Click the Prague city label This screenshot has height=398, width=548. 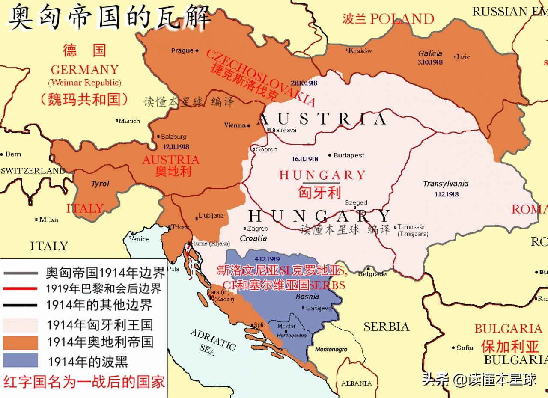click(x=182, y=50)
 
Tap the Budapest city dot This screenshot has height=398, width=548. click(x=330, y=155)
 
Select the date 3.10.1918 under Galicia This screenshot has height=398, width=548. click(x=430, y=62)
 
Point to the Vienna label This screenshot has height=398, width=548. click(x=235, y=125)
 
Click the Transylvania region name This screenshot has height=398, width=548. click(x=445, y=184)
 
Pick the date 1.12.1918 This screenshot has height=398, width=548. click(x=446, y=194)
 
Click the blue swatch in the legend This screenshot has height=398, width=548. click(x=20, y=360)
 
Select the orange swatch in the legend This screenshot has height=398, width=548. click(x=20, y=342)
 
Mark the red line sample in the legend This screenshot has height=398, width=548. click(x=20, y=288)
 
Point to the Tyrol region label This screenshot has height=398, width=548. click(x=100, y=184)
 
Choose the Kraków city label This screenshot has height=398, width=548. click(x=360, y=50)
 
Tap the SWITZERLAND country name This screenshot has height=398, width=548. click(x=33, y=171)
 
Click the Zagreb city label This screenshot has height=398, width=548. click(x=257, y=229)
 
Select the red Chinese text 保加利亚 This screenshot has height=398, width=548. click(x=509, y=345)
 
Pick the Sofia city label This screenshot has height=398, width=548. click(x=465, y=348)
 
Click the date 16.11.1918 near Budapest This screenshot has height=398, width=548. click(x=305, y=159)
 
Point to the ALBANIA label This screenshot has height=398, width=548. click(x=356, y=383)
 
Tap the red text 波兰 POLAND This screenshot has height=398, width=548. click(x=388, y=19)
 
